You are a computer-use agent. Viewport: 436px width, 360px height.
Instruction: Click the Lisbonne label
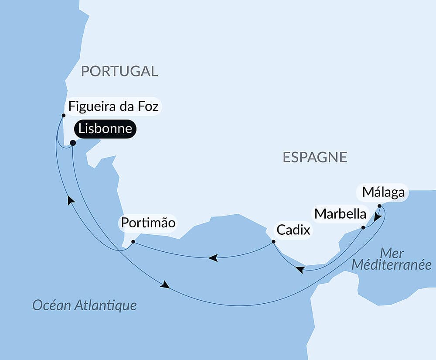[x=105, y=129]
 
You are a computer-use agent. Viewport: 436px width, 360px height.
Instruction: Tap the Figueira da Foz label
[x=114, y=106]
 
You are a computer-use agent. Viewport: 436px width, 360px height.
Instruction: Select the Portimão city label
[x=148, y=223]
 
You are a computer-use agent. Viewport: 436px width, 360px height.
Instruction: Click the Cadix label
[x=292, y=230]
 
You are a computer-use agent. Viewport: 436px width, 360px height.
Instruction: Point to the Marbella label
[x=341, y=214]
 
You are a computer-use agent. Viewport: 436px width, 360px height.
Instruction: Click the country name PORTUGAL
[x=119, y=71]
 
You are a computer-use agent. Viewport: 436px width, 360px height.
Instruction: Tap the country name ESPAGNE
[x=315, y=157]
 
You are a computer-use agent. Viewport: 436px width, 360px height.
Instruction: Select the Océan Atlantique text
[x=85, y=305]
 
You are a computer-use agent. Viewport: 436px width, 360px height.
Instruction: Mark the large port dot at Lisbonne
[x=73, y=143]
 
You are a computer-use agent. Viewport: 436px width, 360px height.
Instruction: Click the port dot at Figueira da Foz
[x=64, y=115]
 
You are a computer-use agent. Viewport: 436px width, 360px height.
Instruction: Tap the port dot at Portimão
[x=133, y=241]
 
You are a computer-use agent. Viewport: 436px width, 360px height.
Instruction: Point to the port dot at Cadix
[x=273, y=241]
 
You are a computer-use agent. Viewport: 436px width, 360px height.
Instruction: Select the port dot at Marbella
[x=363, y=227]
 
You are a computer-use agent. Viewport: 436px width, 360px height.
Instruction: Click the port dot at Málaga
[x=379, y=206]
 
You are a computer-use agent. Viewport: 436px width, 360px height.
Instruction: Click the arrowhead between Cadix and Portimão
[x=213, y=258]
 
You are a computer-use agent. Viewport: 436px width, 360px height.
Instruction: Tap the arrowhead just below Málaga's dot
[x=378, y=217]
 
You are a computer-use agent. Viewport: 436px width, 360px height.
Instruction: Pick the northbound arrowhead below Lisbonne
[x=71, y=200]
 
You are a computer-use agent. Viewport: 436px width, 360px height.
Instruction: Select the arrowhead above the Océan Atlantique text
[x=165, y=285]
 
